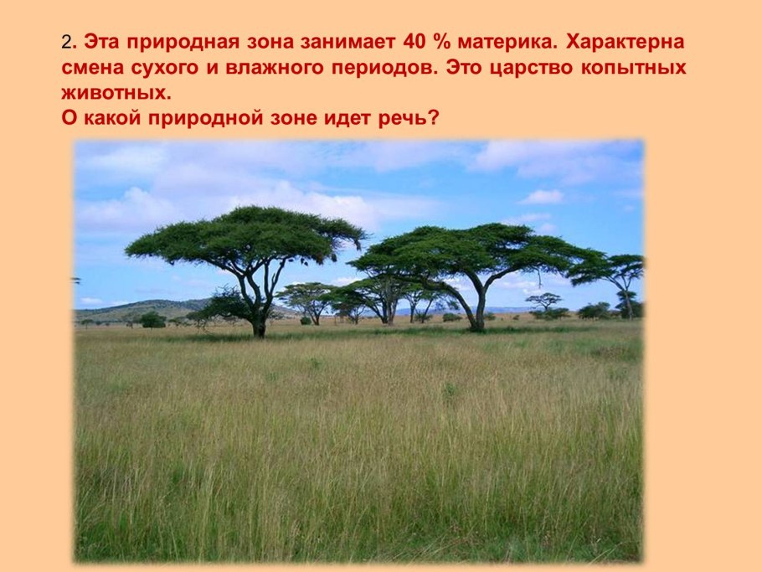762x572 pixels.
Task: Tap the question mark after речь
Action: coord(432,118)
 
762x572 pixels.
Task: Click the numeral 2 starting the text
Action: coord(66,42)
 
